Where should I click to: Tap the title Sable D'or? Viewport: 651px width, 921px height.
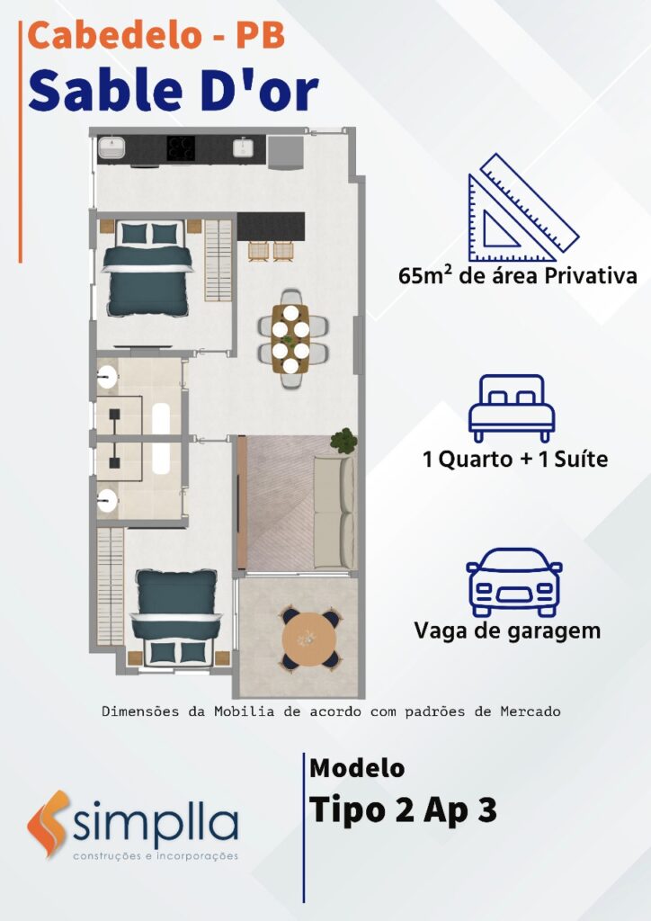click(174, 91)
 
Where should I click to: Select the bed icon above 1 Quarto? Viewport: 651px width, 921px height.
click(512, 408)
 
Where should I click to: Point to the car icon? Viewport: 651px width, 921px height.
click(513, 582)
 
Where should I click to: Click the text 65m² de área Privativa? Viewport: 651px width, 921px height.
click(517, 276)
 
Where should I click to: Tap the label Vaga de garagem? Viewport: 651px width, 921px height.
click(507, 631)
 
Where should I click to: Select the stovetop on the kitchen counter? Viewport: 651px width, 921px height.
click(181, 148)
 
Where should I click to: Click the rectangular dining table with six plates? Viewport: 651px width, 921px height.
click(290, 339)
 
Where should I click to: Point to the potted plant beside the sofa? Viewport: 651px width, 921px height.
click(343, 441)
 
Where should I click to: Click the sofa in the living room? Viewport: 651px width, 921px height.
click(334, 512)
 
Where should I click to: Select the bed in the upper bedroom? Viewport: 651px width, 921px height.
click(147, 268)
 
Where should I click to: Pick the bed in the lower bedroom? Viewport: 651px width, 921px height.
click(176, 618)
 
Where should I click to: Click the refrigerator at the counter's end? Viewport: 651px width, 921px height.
click(285, 152)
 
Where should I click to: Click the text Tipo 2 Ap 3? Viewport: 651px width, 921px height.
click(403, 810)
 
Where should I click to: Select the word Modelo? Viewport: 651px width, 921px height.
click(357, 768)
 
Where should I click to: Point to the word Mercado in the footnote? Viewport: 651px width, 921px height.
click(531, 712)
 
